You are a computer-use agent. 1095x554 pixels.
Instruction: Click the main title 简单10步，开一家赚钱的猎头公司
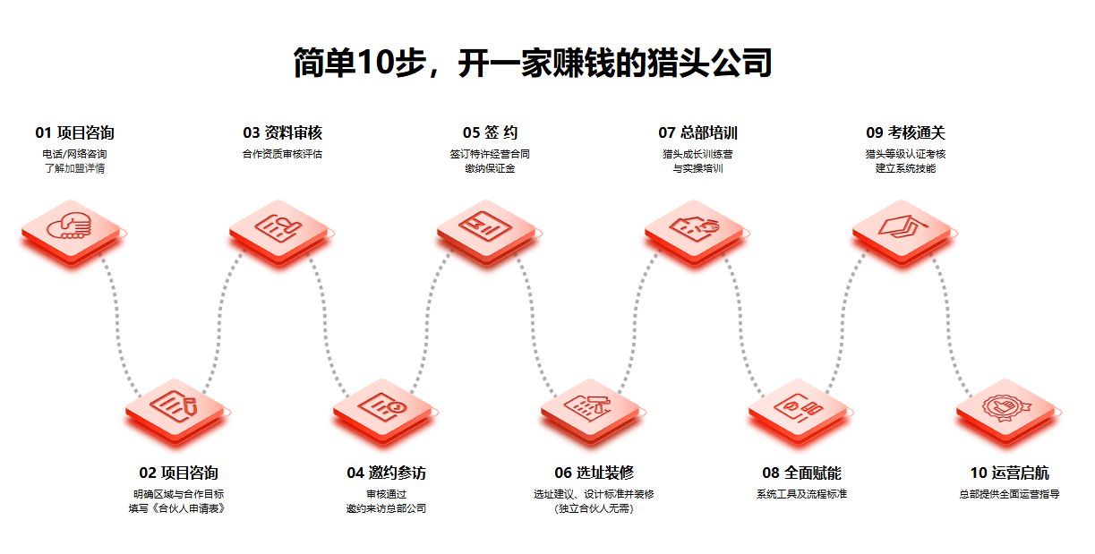(x=533, y=64)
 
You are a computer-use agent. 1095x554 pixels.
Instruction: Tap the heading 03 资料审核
(x=282, y=132)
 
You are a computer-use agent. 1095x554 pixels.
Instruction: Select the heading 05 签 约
(x=490, y=132)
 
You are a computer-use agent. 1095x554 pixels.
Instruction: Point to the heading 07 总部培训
(x=697, y=132)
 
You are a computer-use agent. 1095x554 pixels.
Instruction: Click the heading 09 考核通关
(x=905, y=132)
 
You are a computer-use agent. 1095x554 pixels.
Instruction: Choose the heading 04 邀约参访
(x=386, y=473)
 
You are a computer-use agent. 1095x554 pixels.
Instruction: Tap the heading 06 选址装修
(x=594, y=473)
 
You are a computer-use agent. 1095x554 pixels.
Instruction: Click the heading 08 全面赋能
(x=801, y=473)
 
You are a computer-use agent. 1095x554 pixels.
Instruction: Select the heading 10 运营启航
(x=1009, y=473)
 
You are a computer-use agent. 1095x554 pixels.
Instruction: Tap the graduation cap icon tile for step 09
(x=904, y=229)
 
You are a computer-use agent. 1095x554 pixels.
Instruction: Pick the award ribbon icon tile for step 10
(x=1008, y=410)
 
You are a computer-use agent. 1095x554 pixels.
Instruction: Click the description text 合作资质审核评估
(x=282, y=154)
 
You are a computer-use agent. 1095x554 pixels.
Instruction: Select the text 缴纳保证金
(x=490, y=168)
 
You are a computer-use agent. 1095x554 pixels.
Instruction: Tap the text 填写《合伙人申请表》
(x=178, y=508)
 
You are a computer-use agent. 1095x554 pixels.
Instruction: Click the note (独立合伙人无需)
(x=594, y=508)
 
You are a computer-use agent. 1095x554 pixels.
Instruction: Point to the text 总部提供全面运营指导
(x=1009, y=494)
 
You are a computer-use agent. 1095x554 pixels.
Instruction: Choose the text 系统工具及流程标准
(x=801, y=494)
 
